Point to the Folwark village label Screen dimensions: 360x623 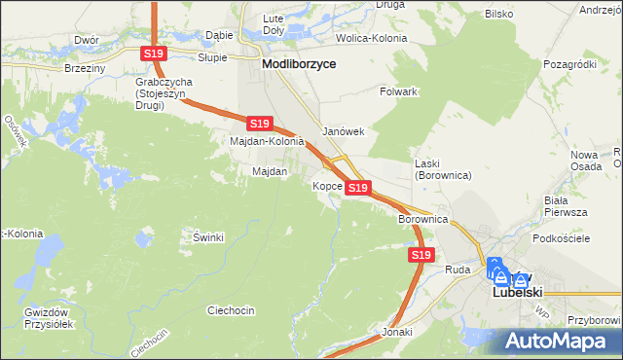pyautogui.click(x=398, y=91)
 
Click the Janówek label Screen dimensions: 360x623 pyautogui.click(x=343, y=131)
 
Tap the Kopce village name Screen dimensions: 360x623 pyautogui.click(x=327, y=185)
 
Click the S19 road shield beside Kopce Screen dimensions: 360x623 pyautogui.click(x=358, y=187)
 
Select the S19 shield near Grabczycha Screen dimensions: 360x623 pyautogui.click(x=153, y=54)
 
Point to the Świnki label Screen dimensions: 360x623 pyautogui.click(x=208, y=237)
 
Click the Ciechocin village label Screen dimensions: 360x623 pyautogui.click(x=231, y=310)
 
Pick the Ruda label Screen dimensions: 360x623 pyautogui.click(x=458, y=270)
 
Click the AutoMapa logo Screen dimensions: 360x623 pyautogui.click(x=561, y=341)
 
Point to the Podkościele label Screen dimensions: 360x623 pyautogui.click(x=558, y=238)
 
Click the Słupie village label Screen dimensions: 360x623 pyautogui.click(x=212, y=57)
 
